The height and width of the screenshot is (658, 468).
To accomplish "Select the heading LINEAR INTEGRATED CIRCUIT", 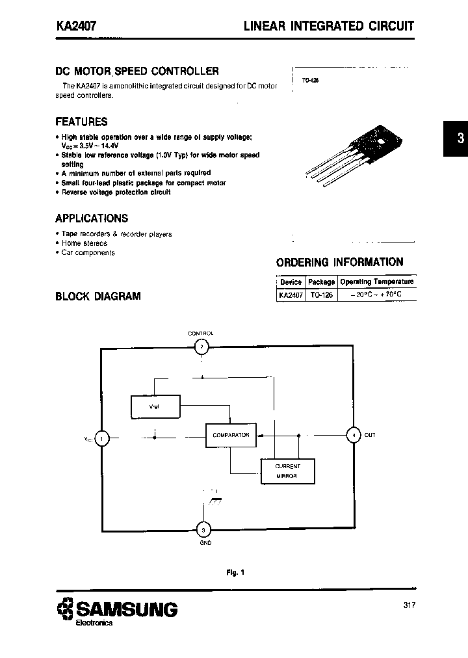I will pos(328,27).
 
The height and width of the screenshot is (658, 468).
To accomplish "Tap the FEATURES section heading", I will pos(81,122).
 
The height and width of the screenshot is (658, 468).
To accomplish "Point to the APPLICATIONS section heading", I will pos(92,218).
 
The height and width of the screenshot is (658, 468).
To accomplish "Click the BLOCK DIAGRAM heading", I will pos(98,296).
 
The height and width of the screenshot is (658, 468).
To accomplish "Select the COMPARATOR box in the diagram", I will pos(231,436).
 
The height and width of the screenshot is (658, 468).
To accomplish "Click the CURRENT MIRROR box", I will pos(287,471).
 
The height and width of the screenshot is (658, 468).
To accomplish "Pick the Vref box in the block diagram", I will pos(155,406).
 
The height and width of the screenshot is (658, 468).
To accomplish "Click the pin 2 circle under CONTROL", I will pos(202,347).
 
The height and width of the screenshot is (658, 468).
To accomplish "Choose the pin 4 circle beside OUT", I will pos(353,435).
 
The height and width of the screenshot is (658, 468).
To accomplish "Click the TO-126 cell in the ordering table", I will pos(321,295).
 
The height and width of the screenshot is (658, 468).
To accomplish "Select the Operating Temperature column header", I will pos(377,282).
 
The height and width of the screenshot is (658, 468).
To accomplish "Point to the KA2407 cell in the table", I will pos(291,295).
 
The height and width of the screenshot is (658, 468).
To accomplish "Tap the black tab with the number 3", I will pos(456,138).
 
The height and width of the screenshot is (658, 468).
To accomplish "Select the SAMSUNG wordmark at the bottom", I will pos(127,609).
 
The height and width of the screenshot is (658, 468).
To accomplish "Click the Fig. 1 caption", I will pos(235,572).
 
